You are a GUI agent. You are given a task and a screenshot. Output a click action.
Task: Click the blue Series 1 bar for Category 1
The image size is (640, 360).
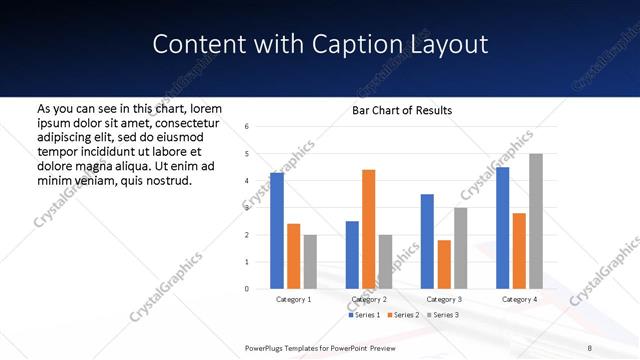coord(277,231)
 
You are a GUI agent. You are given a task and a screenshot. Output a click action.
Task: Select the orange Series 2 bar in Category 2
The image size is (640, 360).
coord(368,229)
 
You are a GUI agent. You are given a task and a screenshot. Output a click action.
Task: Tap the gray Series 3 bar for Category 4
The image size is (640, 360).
coord(536,221)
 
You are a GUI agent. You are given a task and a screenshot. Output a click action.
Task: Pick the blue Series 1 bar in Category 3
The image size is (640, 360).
coord(427,241)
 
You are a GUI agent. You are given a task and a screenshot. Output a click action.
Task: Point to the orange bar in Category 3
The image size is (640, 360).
coord(444,264)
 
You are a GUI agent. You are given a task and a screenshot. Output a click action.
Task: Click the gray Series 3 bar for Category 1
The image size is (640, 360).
coord(310,262)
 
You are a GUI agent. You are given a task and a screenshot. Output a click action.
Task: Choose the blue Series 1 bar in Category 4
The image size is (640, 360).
coord(502,228)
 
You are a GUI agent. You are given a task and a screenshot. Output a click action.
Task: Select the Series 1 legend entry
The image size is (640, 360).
coord(363,315)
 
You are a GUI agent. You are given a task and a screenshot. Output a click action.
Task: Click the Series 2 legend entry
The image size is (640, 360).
coord(403,315)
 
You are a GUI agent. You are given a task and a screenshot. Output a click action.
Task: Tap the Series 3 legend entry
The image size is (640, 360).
coord(443,315)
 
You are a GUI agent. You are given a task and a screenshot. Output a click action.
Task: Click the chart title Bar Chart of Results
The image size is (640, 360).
coord(402,110)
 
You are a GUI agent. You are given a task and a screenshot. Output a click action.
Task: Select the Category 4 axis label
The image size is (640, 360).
coord(519,299)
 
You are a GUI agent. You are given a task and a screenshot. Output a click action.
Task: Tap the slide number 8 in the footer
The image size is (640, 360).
coord(589,347)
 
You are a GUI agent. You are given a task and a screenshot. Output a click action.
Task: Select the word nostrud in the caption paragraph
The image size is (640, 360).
coord(168,180)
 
